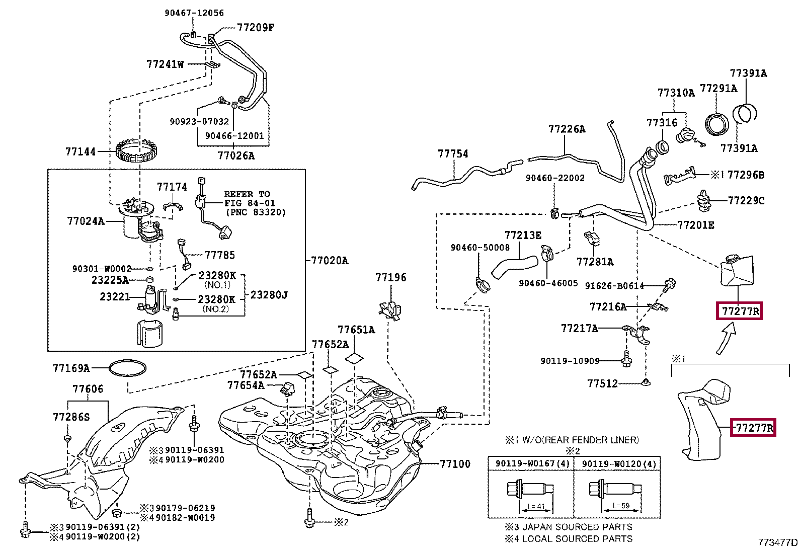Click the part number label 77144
[80, 151]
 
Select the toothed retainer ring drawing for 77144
[136, 150]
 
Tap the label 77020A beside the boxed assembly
[330, 260]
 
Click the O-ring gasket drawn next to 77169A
[127, 368]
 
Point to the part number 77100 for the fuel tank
[455, 464]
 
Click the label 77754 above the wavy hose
[452, 153]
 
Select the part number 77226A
[567, 129]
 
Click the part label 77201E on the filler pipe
[695, 225]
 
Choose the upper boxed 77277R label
[740, 311]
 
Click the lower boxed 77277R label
[753, 428]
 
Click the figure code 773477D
[777, 542]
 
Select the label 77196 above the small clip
[390, 277]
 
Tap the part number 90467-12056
[194, 13]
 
